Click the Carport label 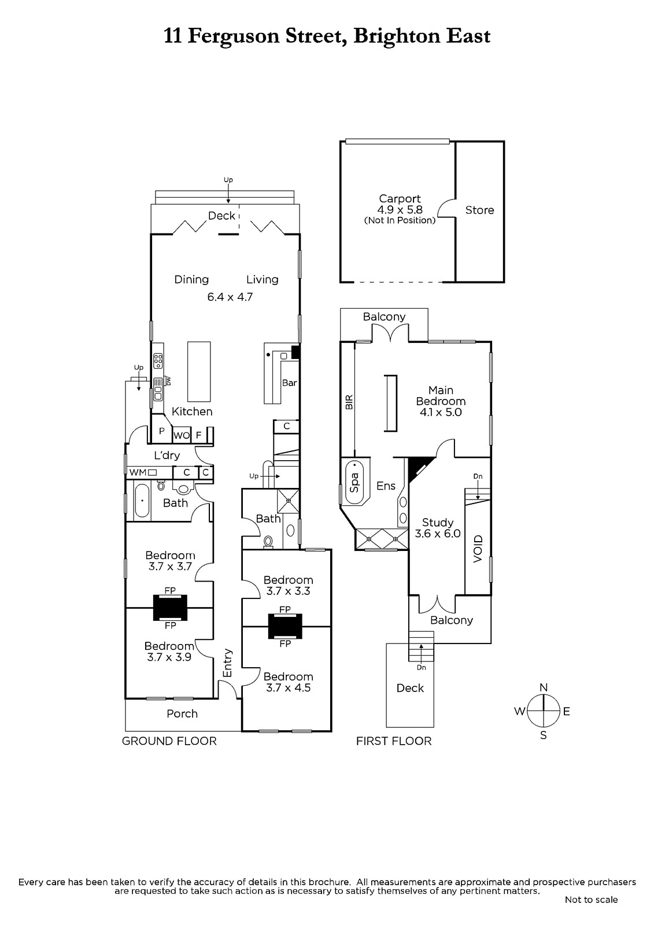pos(400,199)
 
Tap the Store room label pos(479,210)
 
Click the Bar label pos(289,383)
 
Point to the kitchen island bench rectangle pos(198,371)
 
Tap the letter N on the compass pos(543,687)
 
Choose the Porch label pos(182,714)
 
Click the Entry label pos(227,663)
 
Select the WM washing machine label pos(138,472)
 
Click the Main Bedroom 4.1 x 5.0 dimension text pos(441,412)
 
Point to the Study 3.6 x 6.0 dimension pos(438,534)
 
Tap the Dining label pos(191,280)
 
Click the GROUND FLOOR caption pos(169,741)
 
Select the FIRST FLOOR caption pos(394,741)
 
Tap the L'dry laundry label pos(167,456)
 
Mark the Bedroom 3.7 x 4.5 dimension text pos(288,688)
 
